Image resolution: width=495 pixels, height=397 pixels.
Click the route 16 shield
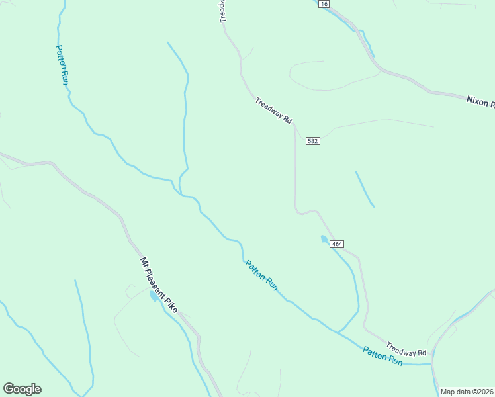coord(324,4)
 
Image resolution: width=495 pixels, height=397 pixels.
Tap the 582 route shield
coord(313,142)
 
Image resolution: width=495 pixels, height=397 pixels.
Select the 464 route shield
coord(336,244)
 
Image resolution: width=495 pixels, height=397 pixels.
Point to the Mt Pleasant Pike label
coord(159,285)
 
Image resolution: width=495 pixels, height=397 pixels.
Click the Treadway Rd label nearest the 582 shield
coord(273,110)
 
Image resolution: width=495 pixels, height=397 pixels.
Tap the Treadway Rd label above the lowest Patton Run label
coord(406,348)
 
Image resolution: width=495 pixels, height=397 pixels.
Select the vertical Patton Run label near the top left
coord(62,65)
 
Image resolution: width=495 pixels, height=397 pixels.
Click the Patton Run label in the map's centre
coord(261,275)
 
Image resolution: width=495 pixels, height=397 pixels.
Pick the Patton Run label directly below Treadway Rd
coord(382,356)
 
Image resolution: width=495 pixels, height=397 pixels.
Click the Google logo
coord(22,389)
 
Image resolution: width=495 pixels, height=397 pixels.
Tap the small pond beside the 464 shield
coord(324,239)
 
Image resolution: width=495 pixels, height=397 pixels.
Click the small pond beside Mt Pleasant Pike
coord(154,296)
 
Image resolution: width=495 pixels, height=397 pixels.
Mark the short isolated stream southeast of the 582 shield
coord(365,189)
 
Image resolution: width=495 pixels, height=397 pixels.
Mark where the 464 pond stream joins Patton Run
coord(339,332)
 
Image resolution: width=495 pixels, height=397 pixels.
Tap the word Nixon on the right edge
coord(476,101)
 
